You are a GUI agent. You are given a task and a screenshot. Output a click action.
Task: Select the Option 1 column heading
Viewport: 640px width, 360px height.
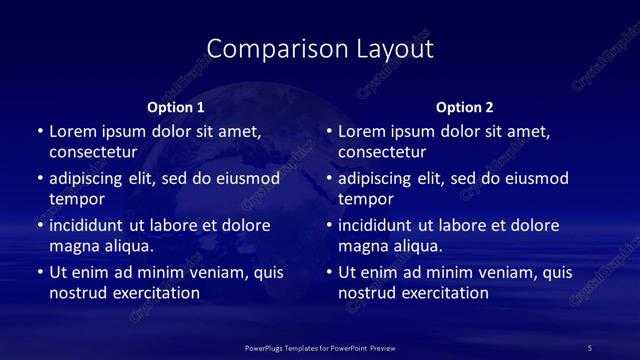[176, 107]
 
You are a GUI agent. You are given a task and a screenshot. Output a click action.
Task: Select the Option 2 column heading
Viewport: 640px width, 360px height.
[465, 107]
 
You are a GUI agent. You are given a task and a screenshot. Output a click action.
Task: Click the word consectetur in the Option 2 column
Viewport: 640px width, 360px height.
[382, 153]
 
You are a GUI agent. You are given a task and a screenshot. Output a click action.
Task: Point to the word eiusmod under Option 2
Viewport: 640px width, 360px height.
[534, 179]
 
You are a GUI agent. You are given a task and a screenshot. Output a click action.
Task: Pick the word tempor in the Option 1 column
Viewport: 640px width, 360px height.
[77, 199]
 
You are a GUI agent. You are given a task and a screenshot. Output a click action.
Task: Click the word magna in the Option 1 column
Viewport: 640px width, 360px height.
[74, 245]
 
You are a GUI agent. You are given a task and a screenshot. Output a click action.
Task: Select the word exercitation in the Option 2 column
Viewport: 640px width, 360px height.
[442, 293]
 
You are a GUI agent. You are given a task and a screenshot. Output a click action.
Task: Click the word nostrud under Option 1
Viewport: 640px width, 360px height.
[77, 293]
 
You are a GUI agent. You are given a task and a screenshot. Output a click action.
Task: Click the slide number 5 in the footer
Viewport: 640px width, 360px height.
[589, 347]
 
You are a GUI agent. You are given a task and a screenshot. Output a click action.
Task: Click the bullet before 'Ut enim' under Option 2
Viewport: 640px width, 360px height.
[329, 272]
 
